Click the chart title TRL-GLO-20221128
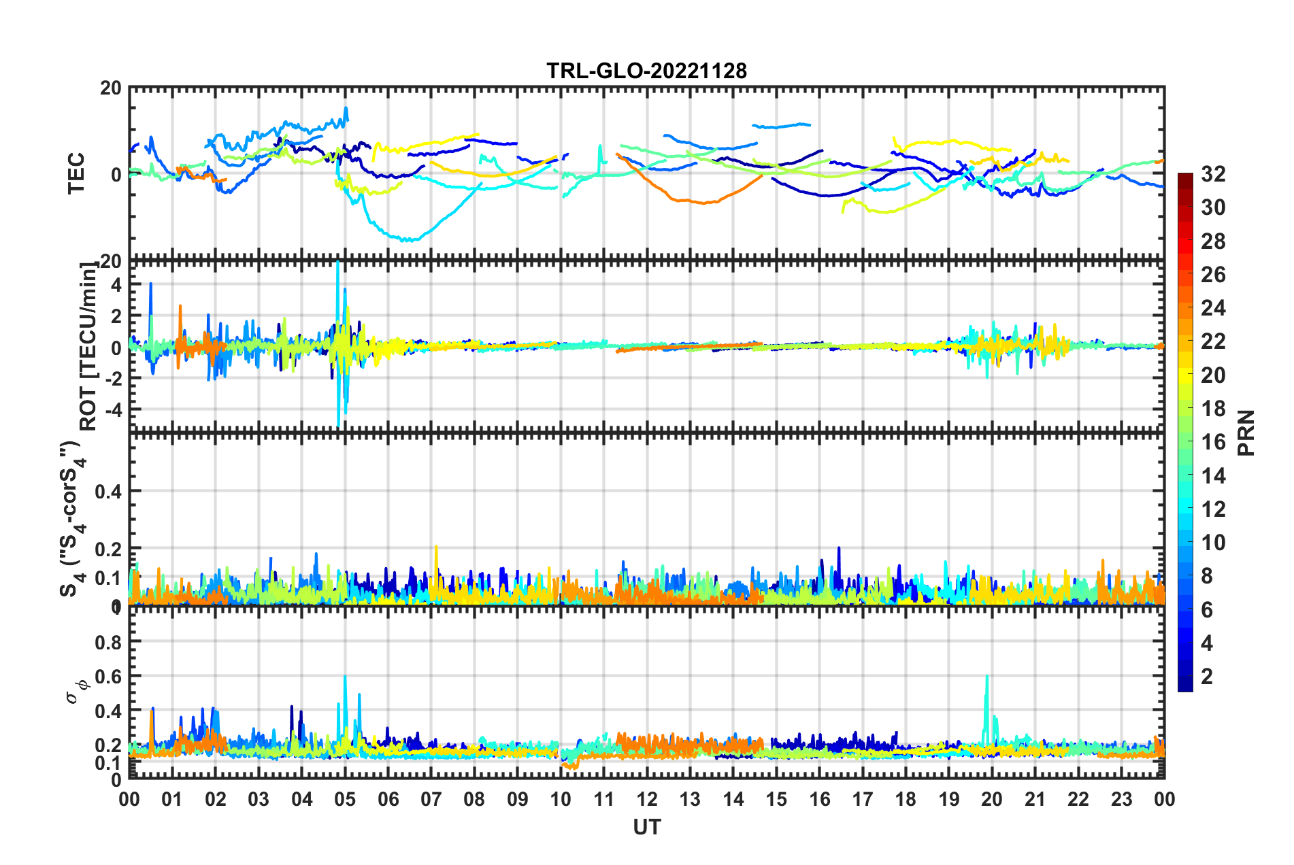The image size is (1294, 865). point(646,71)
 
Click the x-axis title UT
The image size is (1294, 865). point(646,827)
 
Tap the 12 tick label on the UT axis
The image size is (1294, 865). point(647,799)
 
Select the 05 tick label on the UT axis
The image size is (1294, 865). point(345,799)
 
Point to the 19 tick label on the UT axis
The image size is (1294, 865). point(949,799)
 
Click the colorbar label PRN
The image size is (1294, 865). point(1246,432)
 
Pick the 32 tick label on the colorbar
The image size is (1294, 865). point(1213,174)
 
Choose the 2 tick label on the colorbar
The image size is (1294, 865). point(1208,676)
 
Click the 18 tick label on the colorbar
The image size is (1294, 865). point(1213,408)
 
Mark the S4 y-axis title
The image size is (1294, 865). point(71,518)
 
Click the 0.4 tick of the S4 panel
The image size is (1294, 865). point(108,491)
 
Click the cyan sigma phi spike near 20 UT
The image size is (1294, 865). point(986,677)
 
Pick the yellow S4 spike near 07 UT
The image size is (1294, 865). point(436,547)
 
